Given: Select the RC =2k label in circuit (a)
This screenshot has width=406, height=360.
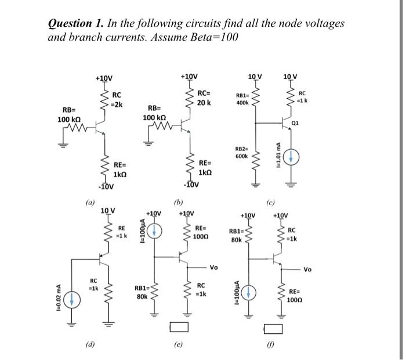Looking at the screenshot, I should tap(117, 99).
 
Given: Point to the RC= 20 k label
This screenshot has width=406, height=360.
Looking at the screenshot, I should tap(204, 98).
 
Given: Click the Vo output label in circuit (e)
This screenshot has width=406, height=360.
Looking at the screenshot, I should tap(213, 268).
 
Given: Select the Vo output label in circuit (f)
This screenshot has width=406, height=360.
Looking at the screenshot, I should tap(307, 269).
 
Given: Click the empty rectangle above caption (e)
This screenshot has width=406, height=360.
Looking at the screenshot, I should tap(178, 327).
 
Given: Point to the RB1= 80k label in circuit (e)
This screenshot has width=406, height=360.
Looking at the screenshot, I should tap(142, 291).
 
